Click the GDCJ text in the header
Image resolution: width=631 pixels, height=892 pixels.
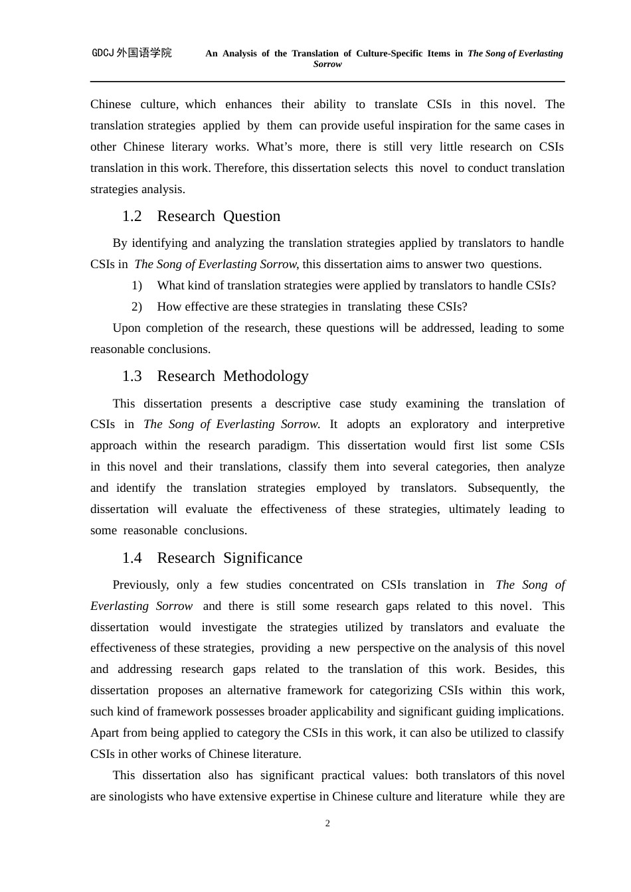click(103, 53)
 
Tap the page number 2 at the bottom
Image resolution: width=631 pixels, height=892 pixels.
click(327, 824)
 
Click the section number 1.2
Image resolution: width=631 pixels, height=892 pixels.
click(132, 216)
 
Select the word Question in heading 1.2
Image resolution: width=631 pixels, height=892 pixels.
click(252, 216)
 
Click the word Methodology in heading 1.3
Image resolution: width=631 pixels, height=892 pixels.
click(266, 376)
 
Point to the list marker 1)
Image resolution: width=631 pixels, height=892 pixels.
click(137, 285)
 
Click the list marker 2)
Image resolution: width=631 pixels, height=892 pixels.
click(137, 307)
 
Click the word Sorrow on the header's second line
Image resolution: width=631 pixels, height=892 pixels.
click(327, 64)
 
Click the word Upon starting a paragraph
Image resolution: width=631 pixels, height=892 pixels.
click(126, 328)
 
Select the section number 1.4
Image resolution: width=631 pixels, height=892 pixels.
click(132, 558)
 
